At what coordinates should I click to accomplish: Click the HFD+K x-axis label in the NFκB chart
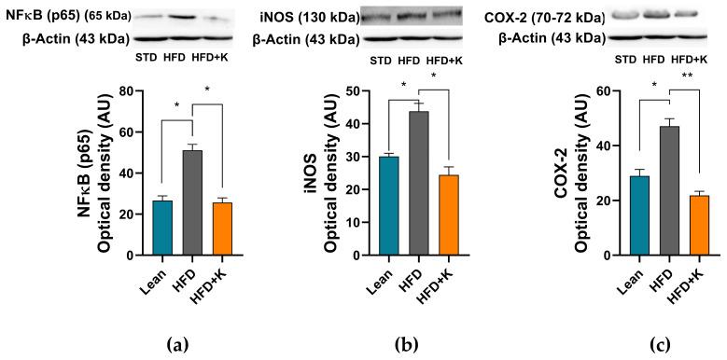click(221, 280)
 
